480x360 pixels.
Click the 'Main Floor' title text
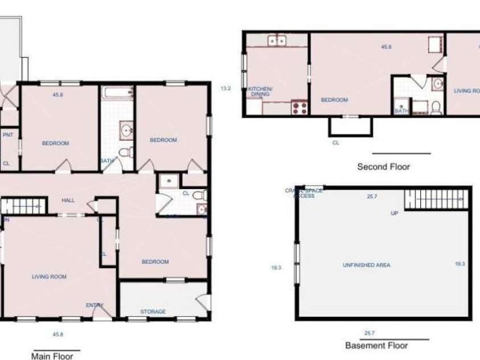pos(52,356)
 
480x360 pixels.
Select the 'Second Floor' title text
pos(383,167)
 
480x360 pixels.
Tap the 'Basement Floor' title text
pos(376,345)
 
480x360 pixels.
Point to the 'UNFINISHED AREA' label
pos(366,265)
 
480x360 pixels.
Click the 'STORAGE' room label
pos(153,312)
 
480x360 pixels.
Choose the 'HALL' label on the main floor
pos(69,200)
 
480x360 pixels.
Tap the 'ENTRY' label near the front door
pos(95,305)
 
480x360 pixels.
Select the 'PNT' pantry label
pos(8,135)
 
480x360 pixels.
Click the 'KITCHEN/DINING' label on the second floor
pos(260,92)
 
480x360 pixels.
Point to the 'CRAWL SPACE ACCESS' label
pos(303,193)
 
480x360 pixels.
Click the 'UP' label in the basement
pos(394,214)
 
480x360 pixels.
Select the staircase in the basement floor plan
pos(434,200)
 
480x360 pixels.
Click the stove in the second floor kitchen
pos(300,106)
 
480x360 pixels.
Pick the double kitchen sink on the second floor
pos(277,40)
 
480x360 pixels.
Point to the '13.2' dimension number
pos(225,88)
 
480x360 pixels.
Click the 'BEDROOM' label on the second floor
pos(334,100)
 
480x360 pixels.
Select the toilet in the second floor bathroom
pos(436,107)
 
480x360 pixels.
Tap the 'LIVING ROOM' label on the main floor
pos(48,277)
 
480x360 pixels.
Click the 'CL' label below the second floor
pos(336,143)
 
